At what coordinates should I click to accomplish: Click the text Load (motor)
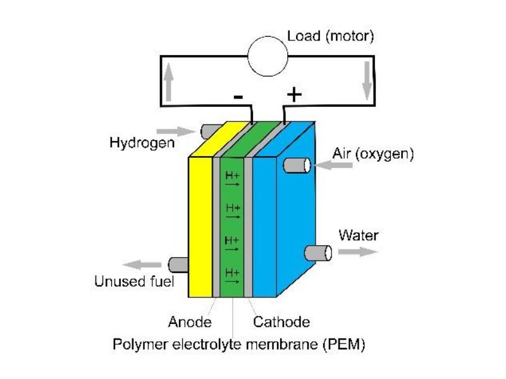click(331, 36)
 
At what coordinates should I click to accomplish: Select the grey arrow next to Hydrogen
click(185, 131)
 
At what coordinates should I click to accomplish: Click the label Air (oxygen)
click(373, 153)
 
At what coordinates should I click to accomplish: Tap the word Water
click(358, 236)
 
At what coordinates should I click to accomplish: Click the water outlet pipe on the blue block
click(318, 253)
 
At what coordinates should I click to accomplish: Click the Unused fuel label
click(133, 282)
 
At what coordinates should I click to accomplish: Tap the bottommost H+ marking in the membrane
click(231, 275)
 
